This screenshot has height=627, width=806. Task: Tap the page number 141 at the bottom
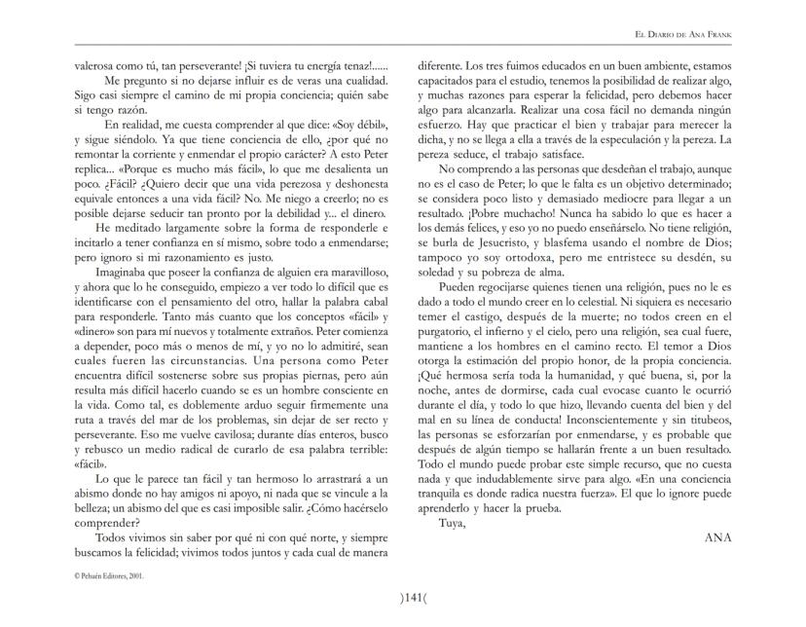pos(402,597)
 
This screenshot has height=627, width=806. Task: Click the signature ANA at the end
pos(715,536)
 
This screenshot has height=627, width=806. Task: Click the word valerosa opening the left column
pos(100,64)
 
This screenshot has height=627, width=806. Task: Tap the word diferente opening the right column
pos(441,64)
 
